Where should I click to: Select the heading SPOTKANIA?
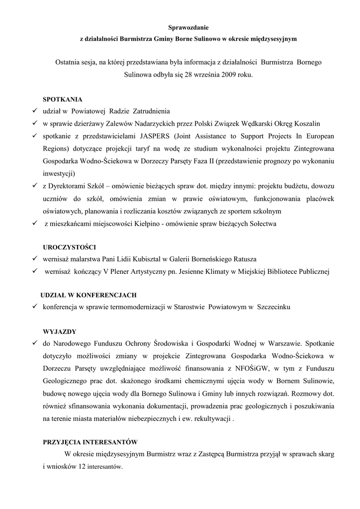click(63, 99)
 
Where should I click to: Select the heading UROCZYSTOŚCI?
click(70, 247)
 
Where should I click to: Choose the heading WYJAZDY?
click(60, 331)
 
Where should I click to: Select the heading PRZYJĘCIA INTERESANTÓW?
click(90, 441)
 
